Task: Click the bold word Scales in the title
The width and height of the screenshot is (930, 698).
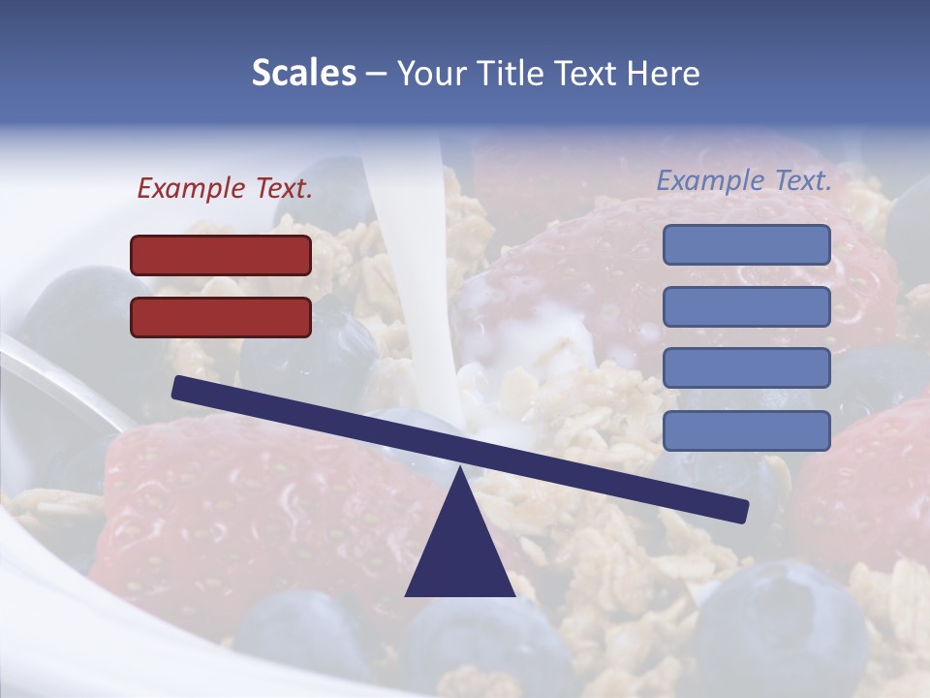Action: point(303,74)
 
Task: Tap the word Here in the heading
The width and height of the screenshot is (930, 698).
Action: point(663,74)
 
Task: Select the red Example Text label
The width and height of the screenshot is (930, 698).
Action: point(225,189)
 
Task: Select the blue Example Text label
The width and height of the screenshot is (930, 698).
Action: point(744,180)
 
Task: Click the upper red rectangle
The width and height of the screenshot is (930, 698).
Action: point(221,255)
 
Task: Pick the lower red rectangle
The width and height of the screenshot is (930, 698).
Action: point(221,317)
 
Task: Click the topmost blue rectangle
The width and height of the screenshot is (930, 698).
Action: point(746,244)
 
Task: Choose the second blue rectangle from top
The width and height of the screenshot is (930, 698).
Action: point(746,306)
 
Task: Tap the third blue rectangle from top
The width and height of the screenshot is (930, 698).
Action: point(746,367)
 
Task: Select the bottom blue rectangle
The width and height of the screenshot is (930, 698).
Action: point(746,430)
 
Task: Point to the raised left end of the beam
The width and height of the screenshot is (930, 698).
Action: point(180,388)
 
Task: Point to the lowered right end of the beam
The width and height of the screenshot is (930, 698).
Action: point(740,510)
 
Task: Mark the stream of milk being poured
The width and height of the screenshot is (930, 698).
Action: point(407,242)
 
